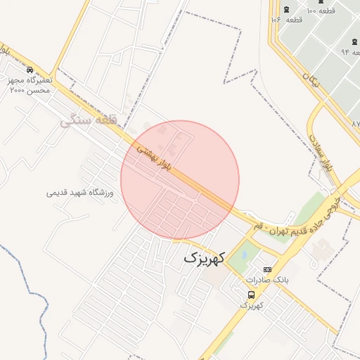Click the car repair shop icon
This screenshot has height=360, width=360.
(x=30, y=70)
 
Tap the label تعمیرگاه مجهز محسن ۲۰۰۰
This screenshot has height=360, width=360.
(x=30, y=86)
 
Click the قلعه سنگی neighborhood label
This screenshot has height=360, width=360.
(x=87, y=120)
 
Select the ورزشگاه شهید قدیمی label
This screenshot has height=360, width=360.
(x=84, y=192)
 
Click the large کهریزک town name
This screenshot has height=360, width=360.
(x=203, y=258)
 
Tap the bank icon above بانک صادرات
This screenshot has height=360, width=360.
(x=266, y=269)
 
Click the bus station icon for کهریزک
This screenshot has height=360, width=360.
(x=251, y=295)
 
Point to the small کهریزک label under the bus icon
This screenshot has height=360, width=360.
(x=251, y=306)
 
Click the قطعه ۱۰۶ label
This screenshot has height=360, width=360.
(x=286, y=20)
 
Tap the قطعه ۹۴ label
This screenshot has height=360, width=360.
(x=351, y=51)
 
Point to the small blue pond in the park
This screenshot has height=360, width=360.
(x=244, y=254)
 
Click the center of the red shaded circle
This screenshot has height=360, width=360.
(x=180, y=180)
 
